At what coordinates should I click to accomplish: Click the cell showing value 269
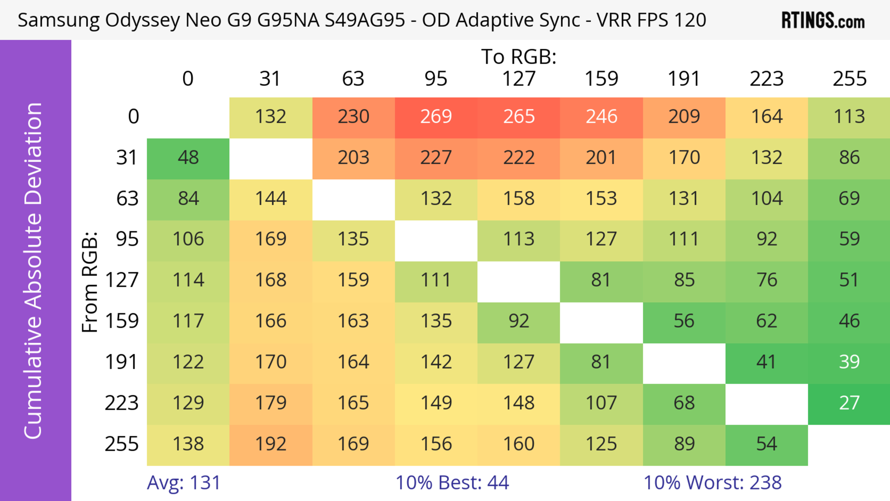[436, 116]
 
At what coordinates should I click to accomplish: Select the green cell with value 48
[188, 158]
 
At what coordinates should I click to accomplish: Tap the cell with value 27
[849, 403]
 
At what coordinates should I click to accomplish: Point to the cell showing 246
[601, 116]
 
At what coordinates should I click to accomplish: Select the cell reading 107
[601, 403]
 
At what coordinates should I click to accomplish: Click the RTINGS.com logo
[823, 20]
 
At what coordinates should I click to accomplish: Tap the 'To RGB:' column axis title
[519, 56]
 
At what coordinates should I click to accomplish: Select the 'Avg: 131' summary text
[184, 483]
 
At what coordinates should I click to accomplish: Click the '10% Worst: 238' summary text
[712, 483]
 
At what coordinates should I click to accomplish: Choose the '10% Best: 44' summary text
[452, 483]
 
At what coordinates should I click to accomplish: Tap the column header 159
[601, 79]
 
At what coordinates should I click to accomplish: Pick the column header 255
[849, 79]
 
